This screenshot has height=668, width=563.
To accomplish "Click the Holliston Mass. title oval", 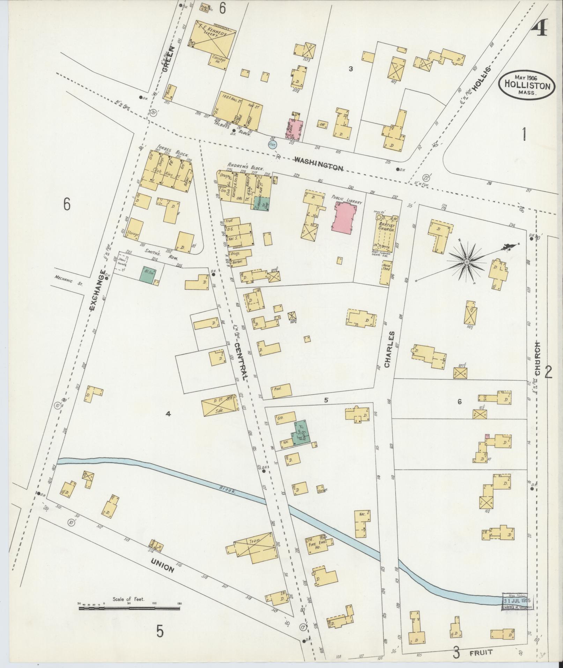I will coord(526,85).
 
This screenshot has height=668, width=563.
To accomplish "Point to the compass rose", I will coord(467,261).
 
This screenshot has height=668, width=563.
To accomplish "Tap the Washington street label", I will coord(318,164).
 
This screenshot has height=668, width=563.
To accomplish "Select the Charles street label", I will coord(390,350).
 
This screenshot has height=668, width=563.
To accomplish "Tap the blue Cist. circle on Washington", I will coord(272,144).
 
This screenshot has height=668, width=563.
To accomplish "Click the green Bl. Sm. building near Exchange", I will coord(147,274).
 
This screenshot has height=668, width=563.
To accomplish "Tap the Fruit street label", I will coord(484,652).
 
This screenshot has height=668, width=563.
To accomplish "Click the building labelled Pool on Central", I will coord(281,390).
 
